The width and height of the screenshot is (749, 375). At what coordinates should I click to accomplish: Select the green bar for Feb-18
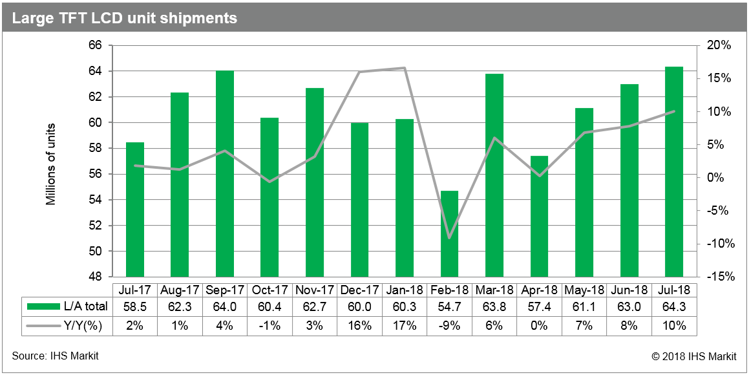[x=449, y=234]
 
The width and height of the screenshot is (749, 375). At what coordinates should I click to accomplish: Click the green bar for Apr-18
[x=539, y=216]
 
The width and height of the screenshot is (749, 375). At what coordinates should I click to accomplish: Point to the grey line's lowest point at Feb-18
[x=449, y=238]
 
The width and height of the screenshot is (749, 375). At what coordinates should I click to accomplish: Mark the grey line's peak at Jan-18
[x=405, y=68]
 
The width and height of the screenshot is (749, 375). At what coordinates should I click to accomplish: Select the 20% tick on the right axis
[x=718, y=46]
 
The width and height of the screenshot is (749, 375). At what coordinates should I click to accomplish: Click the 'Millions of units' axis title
[x=50, y=164]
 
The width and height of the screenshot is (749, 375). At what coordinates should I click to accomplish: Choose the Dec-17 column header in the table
[x=360, y=289]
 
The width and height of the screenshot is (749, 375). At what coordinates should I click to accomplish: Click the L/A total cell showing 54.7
[x=449, y=306]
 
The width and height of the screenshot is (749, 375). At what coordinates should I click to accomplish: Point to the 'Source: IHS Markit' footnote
[x=56, y=356]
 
